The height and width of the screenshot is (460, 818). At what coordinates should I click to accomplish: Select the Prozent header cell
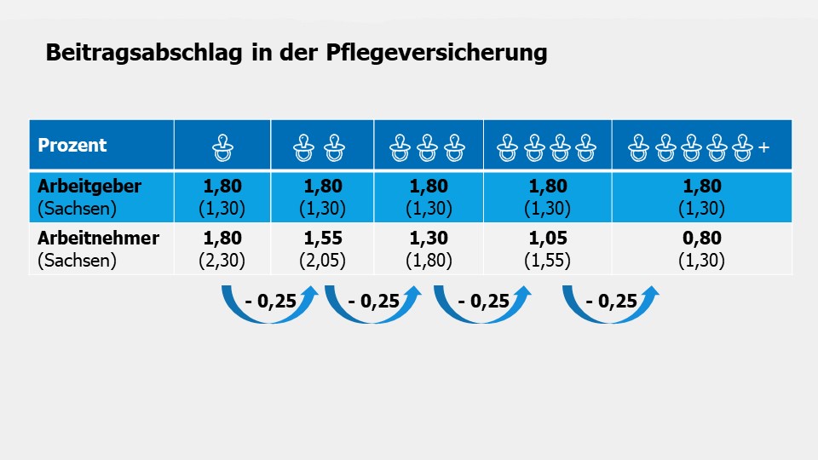pyautogui.click(x=72, y=145)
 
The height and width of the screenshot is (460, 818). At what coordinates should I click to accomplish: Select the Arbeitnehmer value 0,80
pyautogui.click(x=701, y=239)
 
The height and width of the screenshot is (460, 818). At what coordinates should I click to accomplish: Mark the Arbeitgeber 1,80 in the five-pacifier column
pyautogui.click(x=701, y=187)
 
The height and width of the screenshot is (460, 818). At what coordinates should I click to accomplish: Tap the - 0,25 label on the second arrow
pyautogui.click(x=375, y=301)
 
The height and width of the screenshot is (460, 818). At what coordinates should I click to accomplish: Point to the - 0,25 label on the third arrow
pyautogui.click(x=483, y=301)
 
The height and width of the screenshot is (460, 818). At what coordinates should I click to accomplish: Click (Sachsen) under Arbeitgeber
pyautogui.click(x=77, y=209)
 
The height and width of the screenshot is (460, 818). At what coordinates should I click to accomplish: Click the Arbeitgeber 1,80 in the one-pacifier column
pyautogui.click(x=222, y=187)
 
